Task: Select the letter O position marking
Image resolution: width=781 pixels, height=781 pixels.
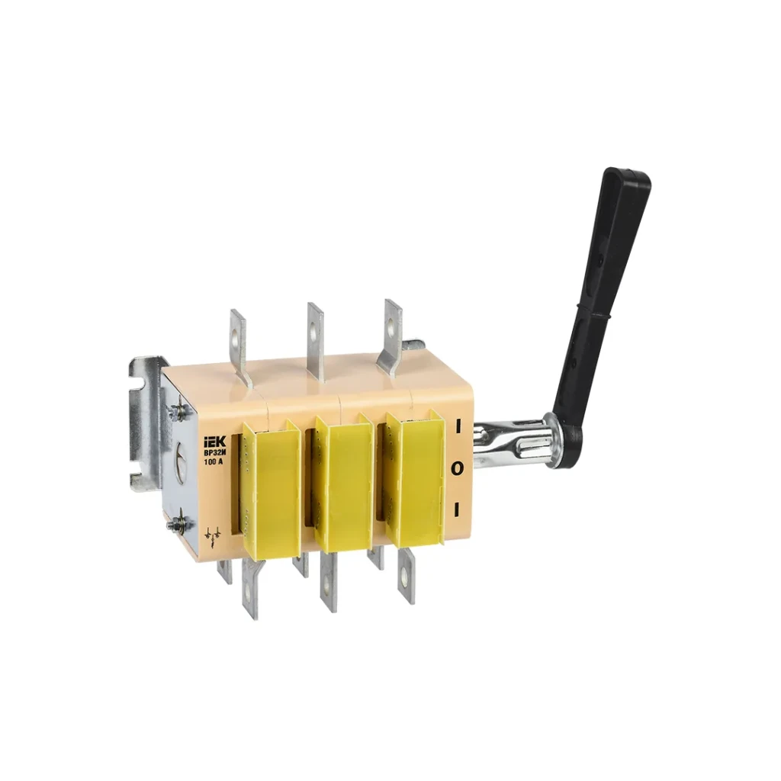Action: (x=458, y=468)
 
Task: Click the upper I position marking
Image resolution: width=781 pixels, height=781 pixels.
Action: (x=458, y=427)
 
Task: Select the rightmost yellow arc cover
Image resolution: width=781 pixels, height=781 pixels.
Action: (x=416, y=479)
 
